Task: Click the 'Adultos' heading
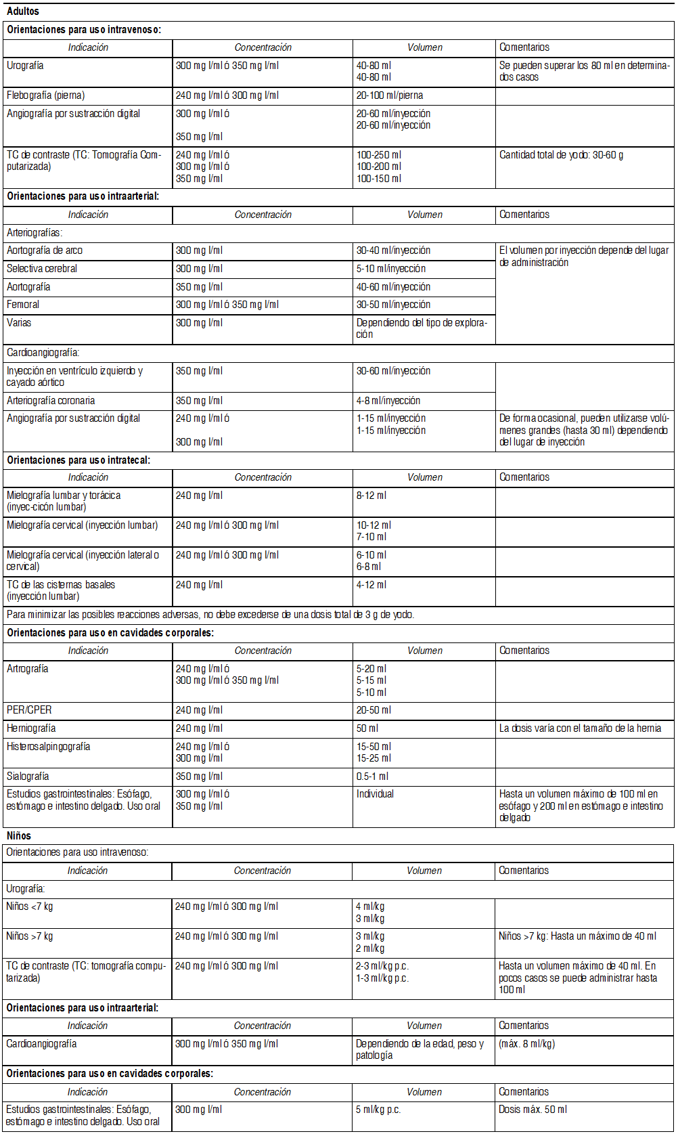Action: (x=23, y=12)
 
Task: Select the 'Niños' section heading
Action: (x=19, y=835)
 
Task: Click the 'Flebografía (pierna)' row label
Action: (x=46, y=95)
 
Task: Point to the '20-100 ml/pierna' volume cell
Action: (x=390, y=95)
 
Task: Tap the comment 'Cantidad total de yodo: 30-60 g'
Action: (x=561, y=155)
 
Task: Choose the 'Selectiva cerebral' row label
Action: (x=42, y=269)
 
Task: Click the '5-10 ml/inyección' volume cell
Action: (x=391, y=269)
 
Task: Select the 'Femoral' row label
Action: (x=23, y=305)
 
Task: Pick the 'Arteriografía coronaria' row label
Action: (x=51, y=401)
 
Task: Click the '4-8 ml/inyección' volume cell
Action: (x=388, y=401)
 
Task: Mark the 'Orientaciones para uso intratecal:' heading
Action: (x=78, y=460)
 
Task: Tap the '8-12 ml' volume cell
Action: (x=371, y=496)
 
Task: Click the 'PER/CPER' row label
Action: (x=29, y=710)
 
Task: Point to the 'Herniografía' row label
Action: (x=31, y=728)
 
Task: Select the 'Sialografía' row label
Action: (x=28, y=777)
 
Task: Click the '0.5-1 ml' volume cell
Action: (x=372, y=777)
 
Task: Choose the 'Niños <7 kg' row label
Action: (x=29, y=906)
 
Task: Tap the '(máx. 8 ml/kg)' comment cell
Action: (x=526, y=1044)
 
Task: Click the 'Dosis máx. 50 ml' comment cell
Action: (x=533, y=1110)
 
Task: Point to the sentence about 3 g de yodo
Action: (x=210, y=615)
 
